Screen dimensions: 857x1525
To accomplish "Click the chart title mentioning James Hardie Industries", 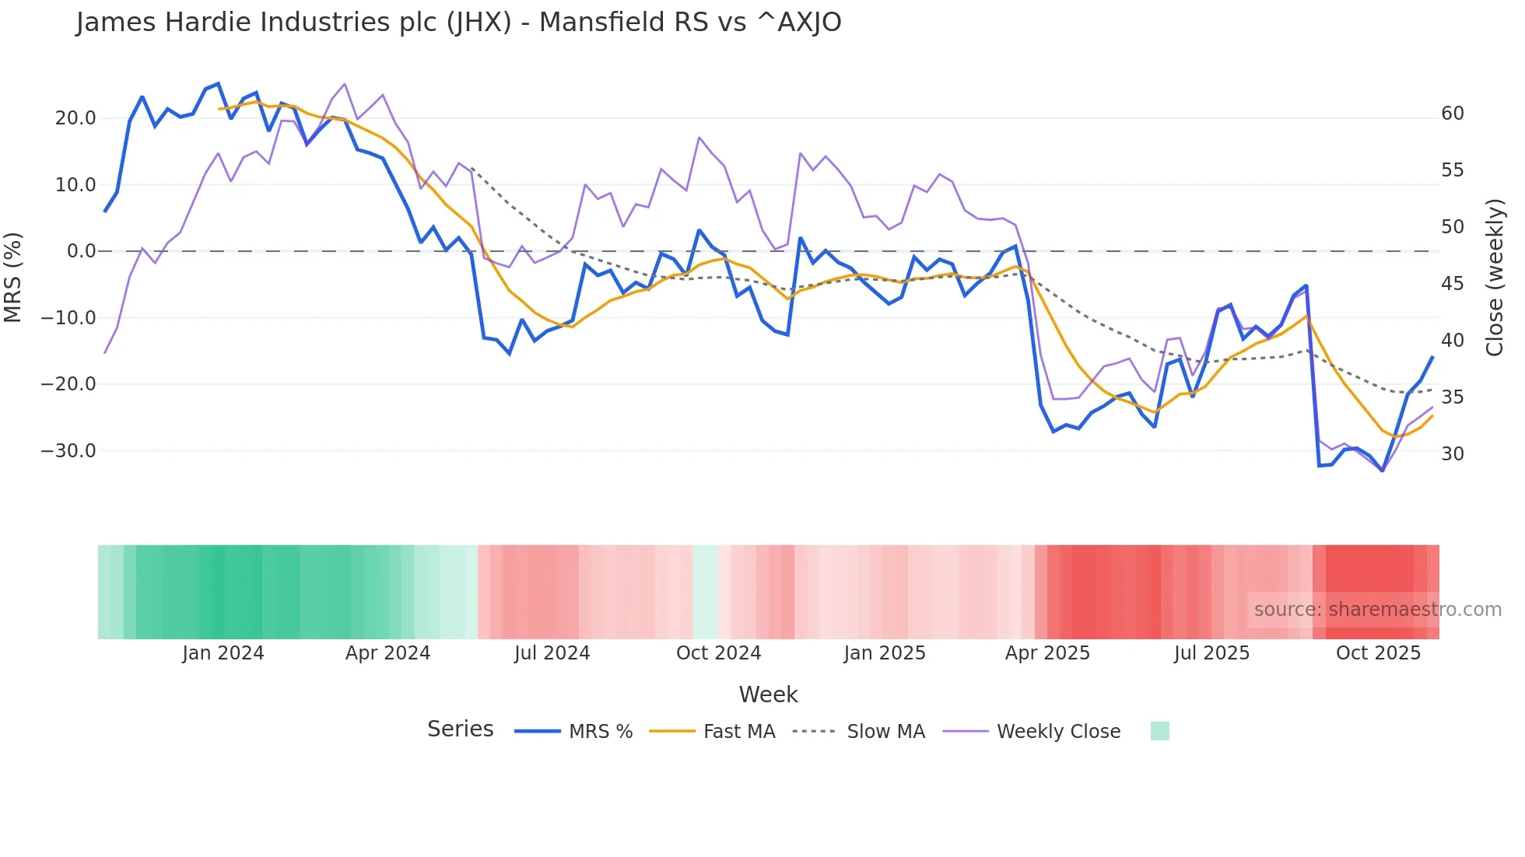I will coord(458,23).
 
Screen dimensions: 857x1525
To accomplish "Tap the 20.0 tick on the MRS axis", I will coord(75,118).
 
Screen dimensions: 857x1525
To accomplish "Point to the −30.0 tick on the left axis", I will coord(68,451).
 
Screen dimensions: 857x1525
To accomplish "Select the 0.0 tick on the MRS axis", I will coord(81,251).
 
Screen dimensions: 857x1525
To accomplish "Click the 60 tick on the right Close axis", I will coord(1452,114).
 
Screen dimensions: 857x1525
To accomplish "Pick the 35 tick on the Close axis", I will coord(1452,397).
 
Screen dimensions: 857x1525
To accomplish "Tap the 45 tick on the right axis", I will coord(1452,284).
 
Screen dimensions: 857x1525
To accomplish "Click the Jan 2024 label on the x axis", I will coord(223,653).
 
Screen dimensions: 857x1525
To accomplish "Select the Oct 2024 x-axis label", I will coord(718,653).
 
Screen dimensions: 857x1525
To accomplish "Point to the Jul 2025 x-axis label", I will coord(1211,653).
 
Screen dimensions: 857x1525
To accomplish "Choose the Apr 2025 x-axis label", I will coord(1047,653).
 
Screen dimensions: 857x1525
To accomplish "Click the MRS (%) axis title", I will coord(13,277).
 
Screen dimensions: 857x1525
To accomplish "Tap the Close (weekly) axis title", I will coord(1494,278).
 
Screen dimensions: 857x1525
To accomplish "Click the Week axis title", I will coord(768,694).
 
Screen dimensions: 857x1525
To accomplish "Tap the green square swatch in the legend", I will coord(1159,731).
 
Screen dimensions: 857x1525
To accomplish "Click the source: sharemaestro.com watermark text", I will coord(1377,610).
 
